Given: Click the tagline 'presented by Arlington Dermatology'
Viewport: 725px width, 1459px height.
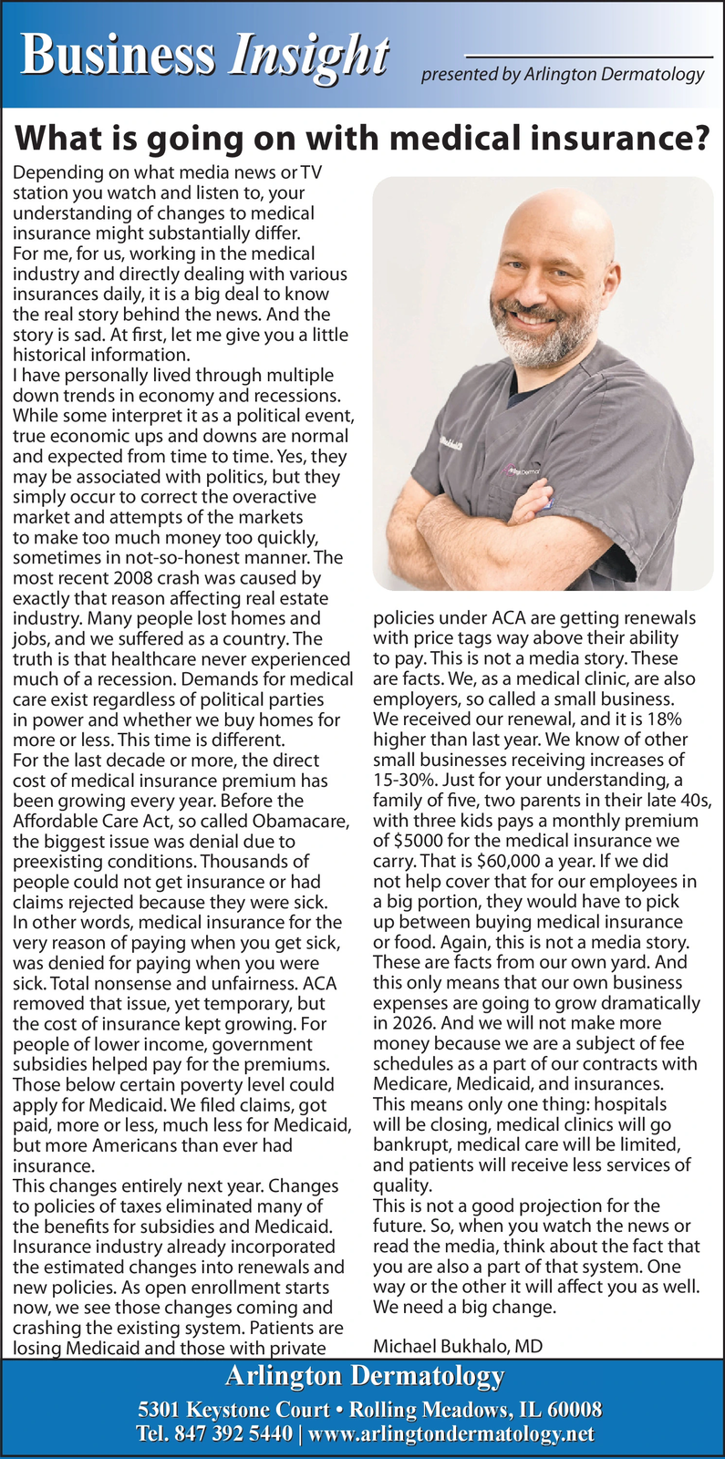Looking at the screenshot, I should (563, 75).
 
